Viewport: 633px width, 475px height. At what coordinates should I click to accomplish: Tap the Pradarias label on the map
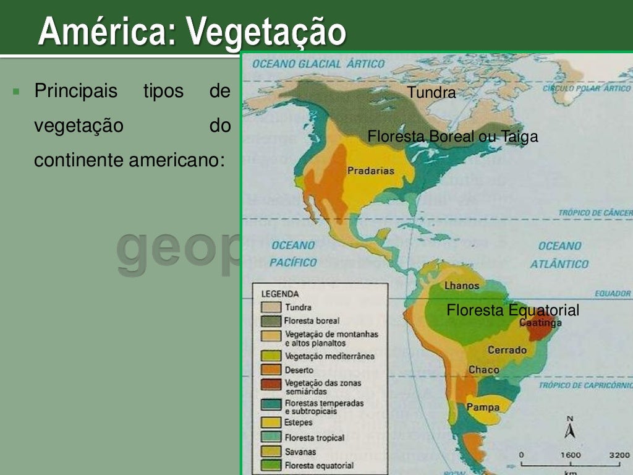pyautogui.click(x=370, y=171)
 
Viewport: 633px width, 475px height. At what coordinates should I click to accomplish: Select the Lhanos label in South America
pyautogui.click(x=462, y=286)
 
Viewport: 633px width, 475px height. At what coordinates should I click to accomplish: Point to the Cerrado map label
pyautogui.click(x=507, y=350)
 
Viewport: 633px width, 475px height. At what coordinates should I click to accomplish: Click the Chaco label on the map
pyautogui.click(x=483, y=370)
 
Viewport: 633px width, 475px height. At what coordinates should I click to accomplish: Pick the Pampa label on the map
pyautogui.click(x=483, y=407)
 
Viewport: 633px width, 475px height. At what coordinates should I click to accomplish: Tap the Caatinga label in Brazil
pyautogui.click(x=541, y=323)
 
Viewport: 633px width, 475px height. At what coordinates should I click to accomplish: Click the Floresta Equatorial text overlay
pyautogui.click(x=512, y=310)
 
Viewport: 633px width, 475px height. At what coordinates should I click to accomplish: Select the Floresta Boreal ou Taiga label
pyautogui.click(x=452, y=137)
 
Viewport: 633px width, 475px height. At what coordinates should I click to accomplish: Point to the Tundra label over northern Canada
pyautogui.click(x=431, y=93)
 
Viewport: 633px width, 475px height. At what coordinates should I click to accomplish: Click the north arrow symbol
pyautogui.click(x=570, y=427)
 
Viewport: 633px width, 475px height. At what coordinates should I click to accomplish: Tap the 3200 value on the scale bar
pyautogui.click(x=618, y=455)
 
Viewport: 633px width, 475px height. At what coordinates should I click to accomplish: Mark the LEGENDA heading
pyautogui.click(x=279, y=294)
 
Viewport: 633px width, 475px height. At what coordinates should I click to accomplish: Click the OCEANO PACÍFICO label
pyautogui.click(x=293, y=254)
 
